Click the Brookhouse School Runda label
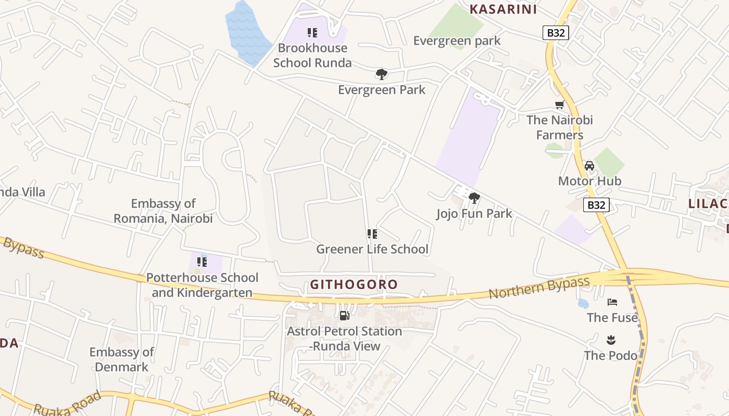[x=312, y=55]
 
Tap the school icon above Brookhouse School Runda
[x=312, y=33]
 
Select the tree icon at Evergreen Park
[x=382, y=74]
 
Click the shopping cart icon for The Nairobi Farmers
[x=560, y=105]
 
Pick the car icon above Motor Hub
[x=589, y=166]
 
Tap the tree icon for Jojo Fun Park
[x=474, y=198]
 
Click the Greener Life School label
[x=372, y=249]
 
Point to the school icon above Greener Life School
[x=372, y=234]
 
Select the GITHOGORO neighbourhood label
[x=354, y=284]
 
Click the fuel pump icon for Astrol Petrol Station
[x=344, y=315]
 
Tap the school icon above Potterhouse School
[x=202, y=262]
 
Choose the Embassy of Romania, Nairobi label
[x=163, y=211]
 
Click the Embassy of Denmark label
[x=122, y=359]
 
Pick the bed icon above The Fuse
[x=612, y=302]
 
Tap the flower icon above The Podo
[x=611, y=340]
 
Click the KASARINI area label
[x=503, y=9]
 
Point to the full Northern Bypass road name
[x=539, y=288]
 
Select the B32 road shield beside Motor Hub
[x=596, y=205]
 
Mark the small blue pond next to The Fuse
[x=583, y=303]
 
